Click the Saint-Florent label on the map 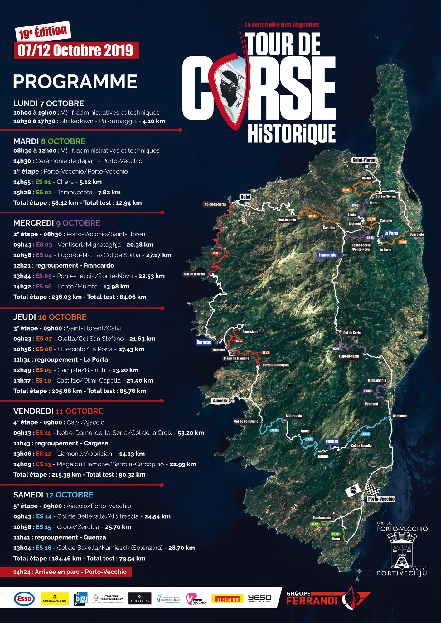[x=365, y=160]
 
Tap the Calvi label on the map [x=245, y=197]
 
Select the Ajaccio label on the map [x=220, y=401]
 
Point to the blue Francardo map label [x=327, y=255]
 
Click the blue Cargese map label [x=204, y=342]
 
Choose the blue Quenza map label [x=332, y=441]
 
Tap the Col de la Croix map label [x=195, y=274]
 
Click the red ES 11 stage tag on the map [x=216, y=253]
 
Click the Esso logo [x=24, y=599]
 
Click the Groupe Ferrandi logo [x=327, y=598]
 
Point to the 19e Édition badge [x=43, y=31]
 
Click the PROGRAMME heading [x=75, y=82]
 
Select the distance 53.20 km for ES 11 [x=191, y=433]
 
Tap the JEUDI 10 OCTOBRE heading [x=50, y=317]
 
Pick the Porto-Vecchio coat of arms [x=402, y=550]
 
